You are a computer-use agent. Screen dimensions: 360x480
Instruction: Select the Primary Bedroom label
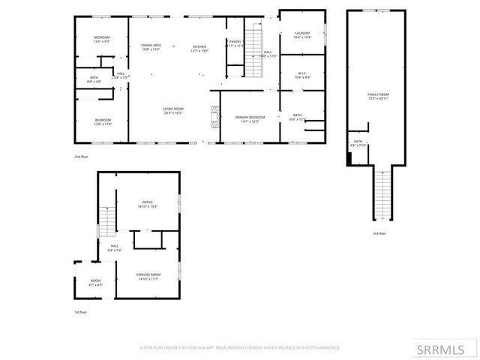tap(250, 119)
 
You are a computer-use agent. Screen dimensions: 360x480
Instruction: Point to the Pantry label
tap(235, 43)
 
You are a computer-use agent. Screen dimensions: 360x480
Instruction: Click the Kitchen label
tap(199, 48)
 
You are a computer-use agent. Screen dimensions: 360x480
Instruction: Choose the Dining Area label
tap(152, 48)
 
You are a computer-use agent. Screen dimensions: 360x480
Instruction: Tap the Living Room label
tap(173, 111)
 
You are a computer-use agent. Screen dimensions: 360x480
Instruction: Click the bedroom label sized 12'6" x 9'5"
tap(101, 40)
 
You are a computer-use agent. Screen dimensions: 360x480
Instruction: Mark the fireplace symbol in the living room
tap(214, 116)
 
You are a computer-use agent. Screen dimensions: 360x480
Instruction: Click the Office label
tap(147, 204)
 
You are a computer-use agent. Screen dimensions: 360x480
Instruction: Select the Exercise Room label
tap(146, 276)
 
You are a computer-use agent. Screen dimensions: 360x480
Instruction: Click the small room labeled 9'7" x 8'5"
tap(96, 283)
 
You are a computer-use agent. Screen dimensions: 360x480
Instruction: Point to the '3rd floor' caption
tap(379, 233)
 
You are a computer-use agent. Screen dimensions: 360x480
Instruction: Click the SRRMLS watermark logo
tap(447, 349)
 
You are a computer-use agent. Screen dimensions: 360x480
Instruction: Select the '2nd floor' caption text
tap(81, 156)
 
